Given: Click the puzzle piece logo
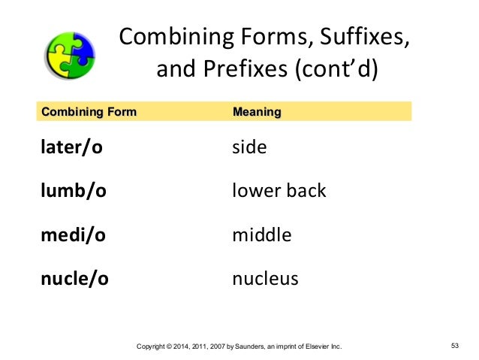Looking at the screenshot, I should (x=71, y=55).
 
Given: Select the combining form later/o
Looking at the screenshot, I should (x=71, y=147).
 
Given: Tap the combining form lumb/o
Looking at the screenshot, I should (x=73, y=191).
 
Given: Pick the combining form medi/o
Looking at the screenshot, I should (x=73, y=235).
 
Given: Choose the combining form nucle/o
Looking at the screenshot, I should (x=74, y=279).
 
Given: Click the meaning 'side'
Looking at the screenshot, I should (x=249, y=147).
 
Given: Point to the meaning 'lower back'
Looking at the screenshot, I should (x=279, y=191).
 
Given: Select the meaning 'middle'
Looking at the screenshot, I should (x=261, y=235).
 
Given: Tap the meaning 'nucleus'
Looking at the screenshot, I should (x=265, y=279).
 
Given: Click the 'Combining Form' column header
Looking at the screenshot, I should (x=89, y=113).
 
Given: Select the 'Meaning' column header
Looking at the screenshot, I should (x=257, y=113).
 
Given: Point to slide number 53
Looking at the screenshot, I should (x=454, y=346).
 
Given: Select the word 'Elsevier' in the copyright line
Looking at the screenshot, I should (x=313, y=346).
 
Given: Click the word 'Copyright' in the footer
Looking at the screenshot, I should (x=148, y=346).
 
